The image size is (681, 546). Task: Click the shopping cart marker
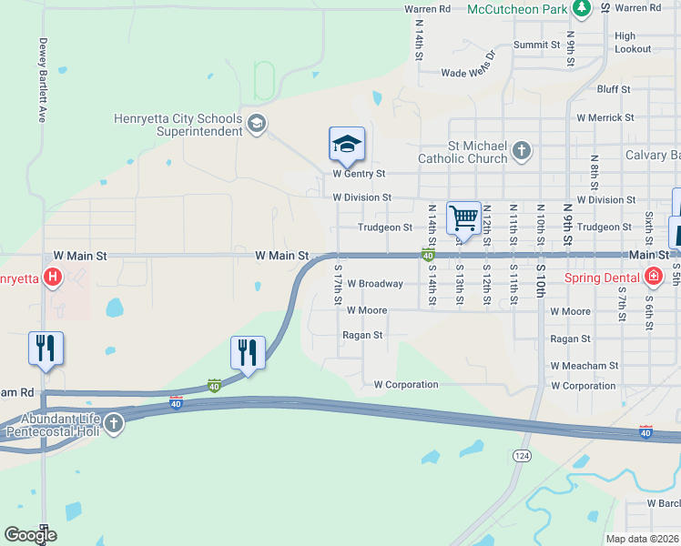(x=463, y=218)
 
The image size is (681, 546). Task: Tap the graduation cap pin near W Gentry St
(x=347, y=145)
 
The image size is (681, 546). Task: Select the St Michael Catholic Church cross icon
(x=522, y=150)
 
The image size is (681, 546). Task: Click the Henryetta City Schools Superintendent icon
(x=257, y=124)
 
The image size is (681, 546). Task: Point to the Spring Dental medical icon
(x=653, y=277)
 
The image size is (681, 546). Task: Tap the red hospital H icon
(x=54, y=277)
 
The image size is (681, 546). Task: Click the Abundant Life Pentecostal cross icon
(x=113, y=423)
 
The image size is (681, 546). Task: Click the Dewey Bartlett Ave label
(x=42, y=81)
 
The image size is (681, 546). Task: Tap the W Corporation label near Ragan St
(x=405, y=385)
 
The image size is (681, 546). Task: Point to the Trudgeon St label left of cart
(x=384, y=227)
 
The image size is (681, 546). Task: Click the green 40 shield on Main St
(x=427, y=256)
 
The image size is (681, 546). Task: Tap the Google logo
(x=30, y=535)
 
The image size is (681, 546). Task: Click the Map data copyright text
(x=643, y=539)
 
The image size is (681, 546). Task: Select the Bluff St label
(x=614, y=89)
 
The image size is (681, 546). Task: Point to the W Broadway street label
(x=374, y=284)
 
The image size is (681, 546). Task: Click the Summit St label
(x=536, y=45)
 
